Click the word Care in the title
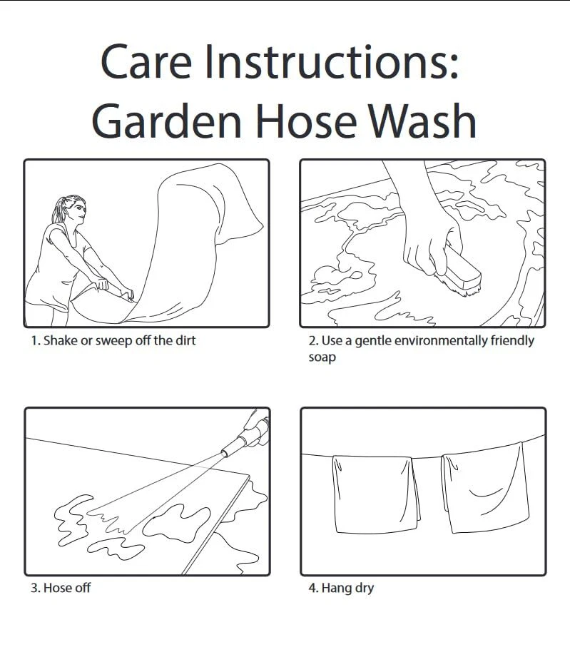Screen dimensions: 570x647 (146, 62)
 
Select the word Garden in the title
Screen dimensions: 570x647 (166, 121)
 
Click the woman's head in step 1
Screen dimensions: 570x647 (73, 210)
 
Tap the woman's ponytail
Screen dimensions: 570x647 (58, 210)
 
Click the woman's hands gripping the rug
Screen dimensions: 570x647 (115, 289)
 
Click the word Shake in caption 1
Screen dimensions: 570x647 (60, 340)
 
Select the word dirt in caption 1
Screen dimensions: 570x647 (185, 340)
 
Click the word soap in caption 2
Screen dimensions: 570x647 (322, 357)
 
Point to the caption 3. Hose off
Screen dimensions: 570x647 (61, 588)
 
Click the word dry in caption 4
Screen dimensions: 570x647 (364, 589)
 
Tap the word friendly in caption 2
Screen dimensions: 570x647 (512, 341)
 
